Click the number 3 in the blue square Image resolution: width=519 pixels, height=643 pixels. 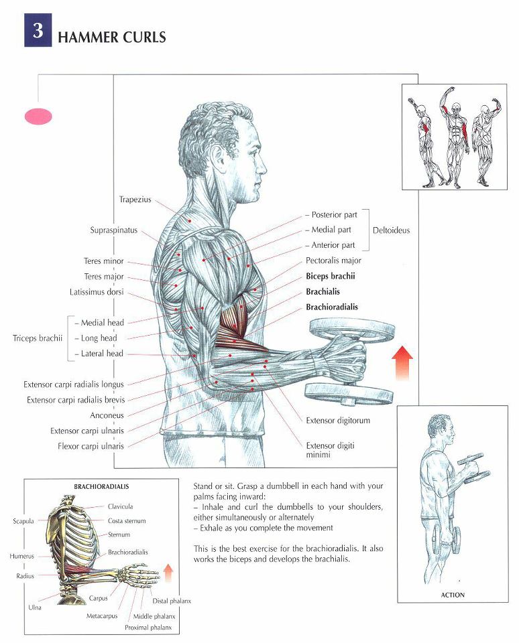(x=38, y=30)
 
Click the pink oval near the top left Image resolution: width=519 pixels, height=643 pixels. (x=39, y=117)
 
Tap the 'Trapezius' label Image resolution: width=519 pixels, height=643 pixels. (x=135, y=200)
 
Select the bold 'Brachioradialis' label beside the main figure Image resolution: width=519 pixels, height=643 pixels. (x=332, y=307)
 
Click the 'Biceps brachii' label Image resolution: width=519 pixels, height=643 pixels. (x=331, y=277)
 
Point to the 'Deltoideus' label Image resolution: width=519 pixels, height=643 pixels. (x=392, y=230)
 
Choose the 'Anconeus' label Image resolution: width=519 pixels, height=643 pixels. (x=107, y=415)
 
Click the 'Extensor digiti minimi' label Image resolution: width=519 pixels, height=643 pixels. (x=330, y=450)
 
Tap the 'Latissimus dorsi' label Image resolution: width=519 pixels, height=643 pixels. (x=97, y=293)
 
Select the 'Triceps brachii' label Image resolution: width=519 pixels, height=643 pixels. (x=38, y=338)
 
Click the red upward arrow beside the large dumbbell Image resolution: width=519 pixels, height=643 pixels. (x=402, y=362)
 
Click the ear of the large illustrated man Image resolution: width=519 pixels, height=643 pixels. (x=229, y=156)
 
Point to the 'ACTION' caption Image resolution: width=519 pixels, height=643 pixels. (x=453, y=595)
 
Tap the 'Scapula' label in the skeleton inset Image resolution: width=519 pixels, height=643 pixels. (x=23, y=521)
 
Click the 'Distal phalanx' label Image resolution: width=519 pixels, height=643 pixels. (x=172, y=601)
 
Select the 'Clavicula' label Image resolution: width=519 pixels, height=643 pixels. (x=120, y=506)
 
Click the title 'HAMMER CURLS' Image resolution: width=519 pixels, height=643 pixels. (x=112, y=38)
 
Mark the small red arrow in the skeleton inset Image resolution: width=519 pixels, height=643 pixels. (x=168, y=573)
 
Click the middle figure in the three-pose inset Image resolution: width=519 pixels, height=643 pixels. (x=455, y=137)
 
